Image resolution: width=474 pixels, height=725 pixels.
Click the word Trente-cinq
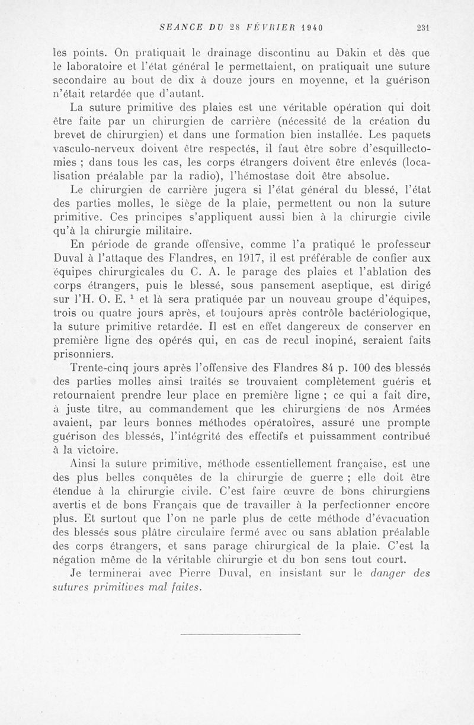click(100, 367)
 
